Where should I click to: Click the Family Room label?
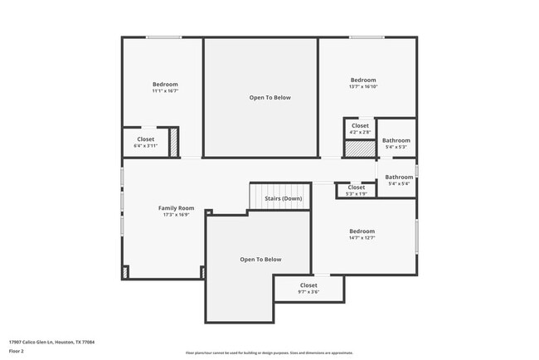pos(176,207)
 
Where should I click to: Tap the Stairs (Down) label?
pos(283,198)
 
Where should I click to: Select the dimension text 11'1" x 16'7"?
pos(165,91)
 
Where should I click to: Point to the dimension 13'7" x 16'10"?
pos(363,86)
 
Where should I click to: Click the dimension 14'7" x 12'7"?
pos(362,238)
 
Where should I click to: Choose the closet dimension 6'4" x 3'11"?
pos(145,146)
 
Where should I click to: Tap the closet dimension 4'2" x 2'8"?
pos(360,132)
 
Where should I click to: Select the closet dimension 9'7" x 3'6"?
pos(308,291)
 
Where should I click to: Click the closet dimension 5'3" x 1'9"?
pos(356,193)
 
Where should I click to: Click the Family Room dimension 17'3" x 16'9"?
pos(176,214)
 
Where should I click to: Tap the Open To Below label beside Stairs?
pos(260,260)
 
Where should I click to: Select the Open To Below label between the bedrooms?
pos(270,97)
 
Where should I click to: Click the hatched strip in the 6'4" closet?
pos(174,143)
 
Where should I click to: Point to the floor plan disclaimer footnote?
pos(270,353)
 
